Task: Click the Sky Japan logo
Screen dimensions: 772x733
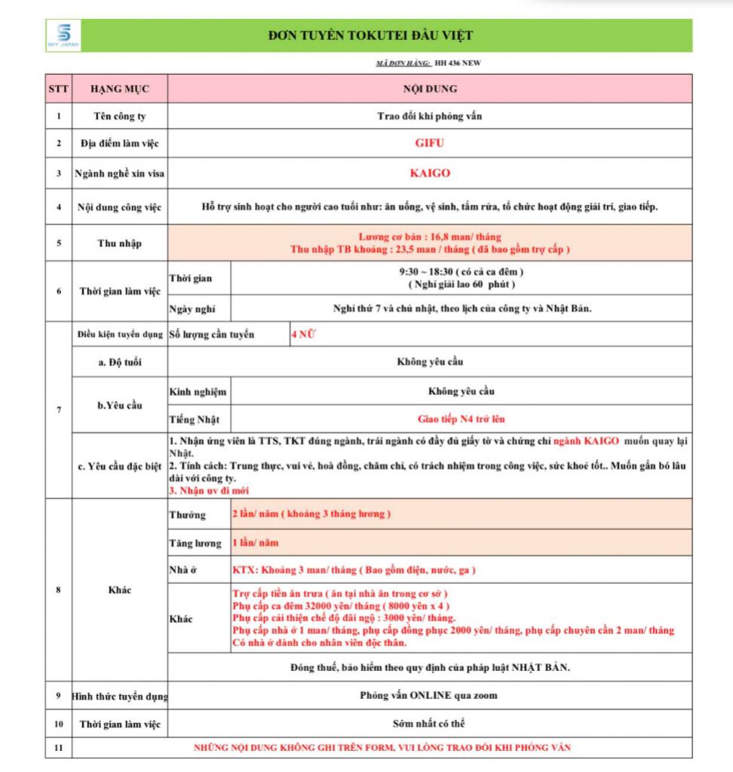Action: coord(63,35)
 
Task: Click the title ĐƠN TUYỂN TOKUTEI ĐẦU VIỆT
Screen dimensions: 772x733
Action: coord(371,35)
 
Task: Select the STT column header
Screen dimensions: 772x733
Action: coord(58,89)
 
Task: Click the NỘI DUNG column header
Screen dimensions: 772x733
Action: coord(430,89)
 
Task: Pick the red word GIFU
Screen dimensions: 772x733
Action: coord(430,142)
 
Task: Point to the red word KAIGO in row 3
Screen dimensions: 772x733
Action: coord(430,173)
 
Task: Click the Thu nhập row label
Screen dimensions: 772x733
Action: coord(119,244)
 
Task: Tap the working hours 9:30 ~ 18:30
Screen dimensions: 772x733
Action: coord(429,271)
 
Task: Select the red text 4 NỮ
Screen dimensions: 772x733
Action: coord(303,334)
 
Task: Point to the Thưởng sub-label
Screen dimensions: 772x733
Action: coord(187,515)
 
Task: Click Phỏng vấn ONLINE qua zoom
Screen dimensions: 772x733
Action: coord(429,695)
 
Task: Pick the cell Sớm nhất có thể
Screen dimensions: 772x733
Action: coord(429,723)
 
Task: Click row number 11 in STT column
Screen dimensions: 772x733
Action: coord(58,748)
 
